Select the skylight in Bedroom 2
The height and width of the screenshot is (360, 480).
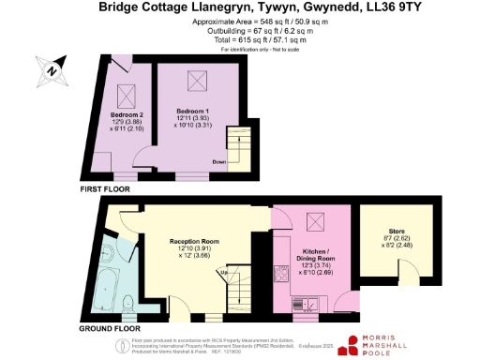click(126, 94)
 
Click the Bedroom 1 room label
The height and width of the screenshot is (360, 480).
click(193, 111)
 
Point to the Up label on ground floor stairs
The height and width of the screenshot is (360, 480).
click(221, 272)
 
